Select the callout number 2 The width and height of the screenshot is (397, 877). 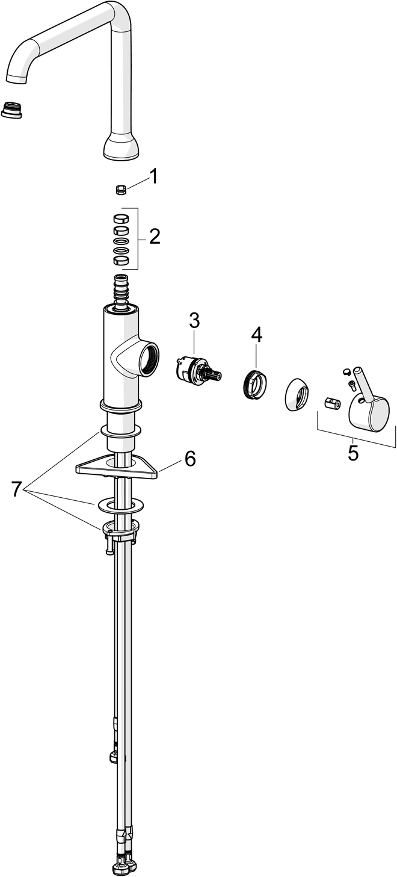[155, 237]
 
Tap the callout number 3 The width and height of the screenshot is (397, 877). [194, 321]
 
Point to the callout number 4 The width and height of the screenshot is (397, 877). [257, 335]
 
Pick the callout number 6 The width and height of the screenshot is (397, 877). [190, 459]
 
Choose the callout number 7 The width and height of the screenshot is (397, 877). [16, 489]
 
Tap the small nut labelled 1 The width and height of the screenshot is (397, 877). [120, 190]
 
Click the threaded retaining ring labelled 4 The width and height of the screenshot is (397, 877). [254, 384]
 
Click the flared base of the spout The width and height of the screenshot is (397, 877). [121, 147]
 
